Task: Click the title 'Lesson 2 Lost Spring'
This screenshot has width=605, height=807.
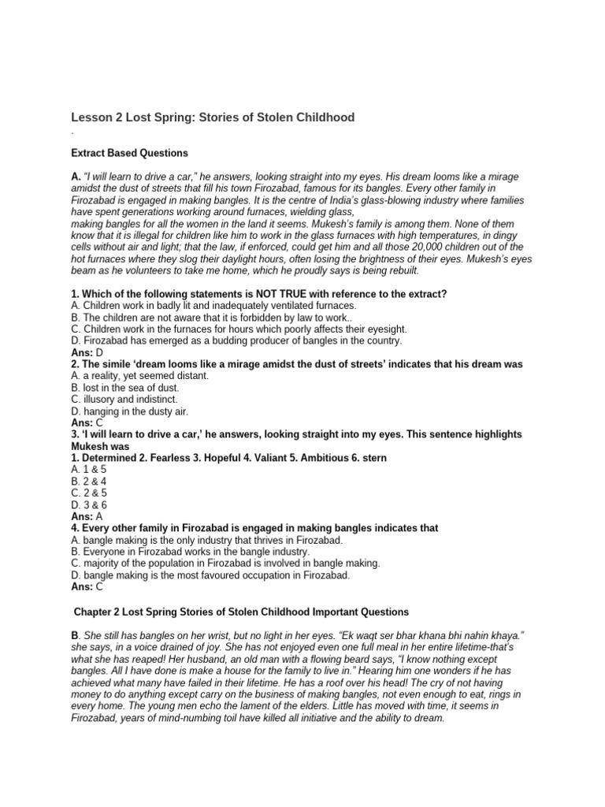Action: pyautogui.click(x=213, y=117)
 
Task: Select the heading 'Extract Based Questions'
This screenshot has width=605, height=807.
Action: pyautogui.click(x=129, y=153)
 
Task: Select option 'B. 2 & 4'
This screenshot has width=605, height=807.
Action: pyautogui.click(x=87, y=482)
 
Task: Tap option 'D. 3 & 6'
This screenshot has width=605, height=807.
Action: pyautogui.click(x=87, y=504)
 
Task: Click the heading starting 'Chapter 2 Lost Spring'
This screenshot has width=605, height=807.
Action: pyautogui.click(x=241, y=611)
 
